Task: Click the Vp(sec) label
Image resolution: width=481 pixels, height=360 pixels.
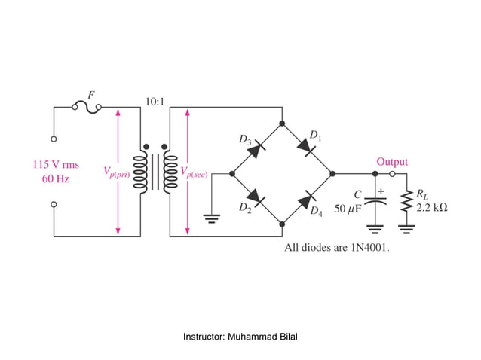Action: [194, 172]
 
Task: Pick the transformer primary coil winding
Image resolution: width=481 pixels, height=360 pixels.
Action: [139, 172]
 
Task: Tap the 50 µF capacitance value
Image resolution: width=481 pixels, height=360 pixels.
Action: [349, 208]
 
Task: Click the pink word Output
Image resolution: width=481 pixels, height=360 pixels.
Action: [392, 162]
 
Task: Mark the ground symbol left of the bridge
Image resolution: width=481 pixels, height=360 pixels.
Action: [213, 219]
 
